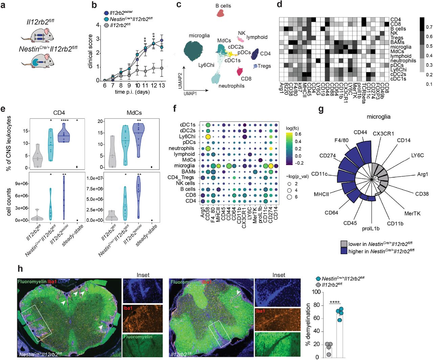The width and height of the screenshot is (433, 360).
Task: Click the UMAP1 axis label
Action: point(190,93)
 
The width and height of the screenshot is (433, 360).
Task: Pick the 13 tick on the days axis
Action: point(162,86)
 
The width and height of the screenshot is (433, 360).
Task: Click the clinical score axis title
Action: point(90,51)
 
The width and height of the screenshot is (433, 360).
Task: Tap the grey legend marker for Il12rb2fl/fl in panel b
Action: point(106,25)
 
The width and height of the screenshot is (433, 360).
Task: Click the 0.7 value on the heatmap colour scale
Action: point(429,27)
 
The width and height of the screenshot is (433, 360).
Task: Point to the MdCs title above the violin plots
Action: point(134,113)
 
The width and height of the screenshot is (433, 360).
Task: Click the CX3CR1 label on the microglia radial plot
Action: point(383,134)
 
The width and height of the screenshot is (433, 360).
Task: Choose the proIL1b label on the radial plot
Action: point(371,228)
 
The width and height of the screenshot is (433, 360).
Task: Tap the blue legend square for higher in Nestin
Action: point(344,251)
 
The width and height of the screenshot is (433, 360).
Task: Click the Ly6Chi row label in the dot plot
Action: point(187,136)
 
